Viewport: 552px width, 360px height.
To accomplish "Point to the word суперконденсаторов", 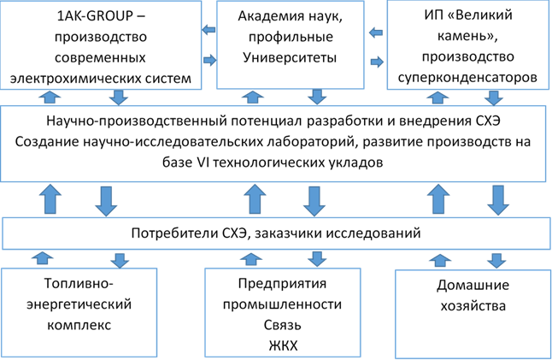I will point(467,78).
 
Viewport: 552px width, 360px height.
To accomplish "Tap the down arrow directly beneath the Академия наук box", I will point(315,95).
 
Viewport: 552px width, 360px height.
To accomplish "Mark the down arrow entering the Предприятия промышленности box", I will point(317,257).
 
